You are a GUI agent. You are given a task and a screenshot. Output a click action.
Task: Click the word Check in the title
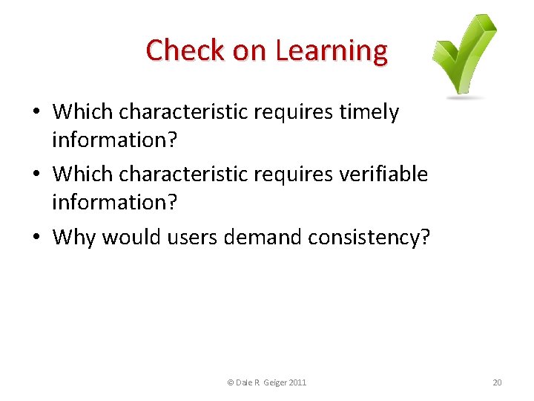coord(175,50)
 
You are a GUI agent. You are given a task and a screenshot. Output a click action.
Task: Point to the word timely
coord(368,112)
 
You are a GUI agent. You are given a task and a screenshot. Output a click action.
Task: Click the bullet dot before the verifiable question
coord(36,175)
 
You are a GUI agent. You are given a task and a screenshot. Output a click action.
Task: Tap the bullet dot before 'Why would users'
coord(36,238)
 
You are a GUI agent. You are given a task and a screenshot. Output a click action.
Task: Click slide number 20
coord(497,382)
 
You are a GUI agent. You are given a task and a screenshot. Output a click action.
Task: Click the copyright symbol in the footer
coord(230,382)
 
